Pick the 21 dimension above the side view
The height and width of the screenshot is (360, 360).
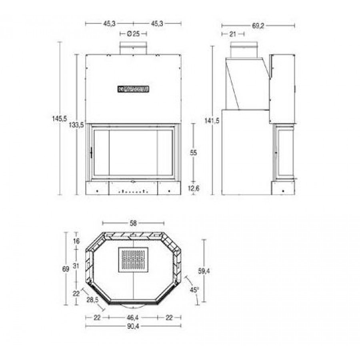click(232, 34)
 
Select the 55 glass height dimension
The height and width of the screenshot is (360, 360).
click(194, 152)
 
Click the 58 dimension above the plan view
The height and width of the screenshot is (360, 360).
click(133, 223)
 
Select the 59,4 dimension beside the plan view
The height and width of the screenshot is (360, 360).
click(204, 271)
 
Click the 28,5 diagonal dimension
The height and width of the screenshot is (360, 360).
click(93, 300)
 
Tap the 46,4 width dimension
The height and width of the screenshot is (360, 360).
click(133, 317)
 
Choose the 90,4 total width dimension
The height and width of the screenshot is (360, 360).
click(133, 326)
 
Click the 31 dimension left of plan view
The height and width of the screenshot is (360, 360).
click(76, 266)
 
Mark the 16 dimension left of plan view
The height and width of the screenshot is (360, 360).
click(76, 241)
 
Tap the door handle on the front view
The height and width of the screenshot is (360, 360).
click(91, 152)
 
